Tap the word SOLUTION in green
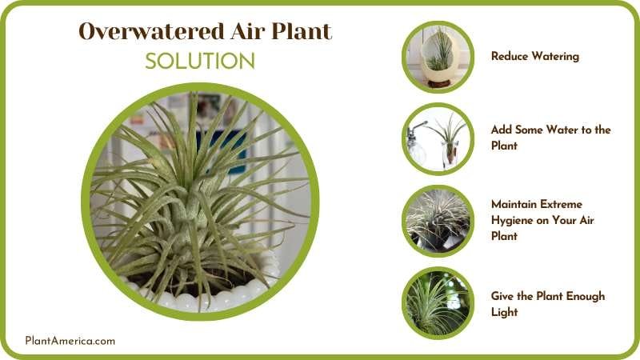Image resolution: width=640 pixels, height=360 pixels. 200,62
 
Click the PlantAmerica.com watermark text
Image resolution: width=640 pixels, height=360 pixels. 70,341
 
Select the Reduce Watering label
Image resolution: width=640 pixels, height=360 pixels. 534,57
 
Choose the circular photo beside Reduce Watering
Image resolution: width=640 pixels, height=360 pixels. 438,57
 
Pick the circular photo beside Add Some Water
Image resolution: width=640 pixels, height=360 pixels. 438,138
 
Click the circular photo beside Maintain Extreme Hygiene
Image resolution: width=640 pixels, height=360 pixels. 438,221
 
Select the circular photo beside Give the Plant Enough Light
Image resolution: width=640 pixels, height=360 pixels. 438,302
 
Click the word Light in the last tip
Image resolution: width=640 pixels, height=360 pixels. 504,312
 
